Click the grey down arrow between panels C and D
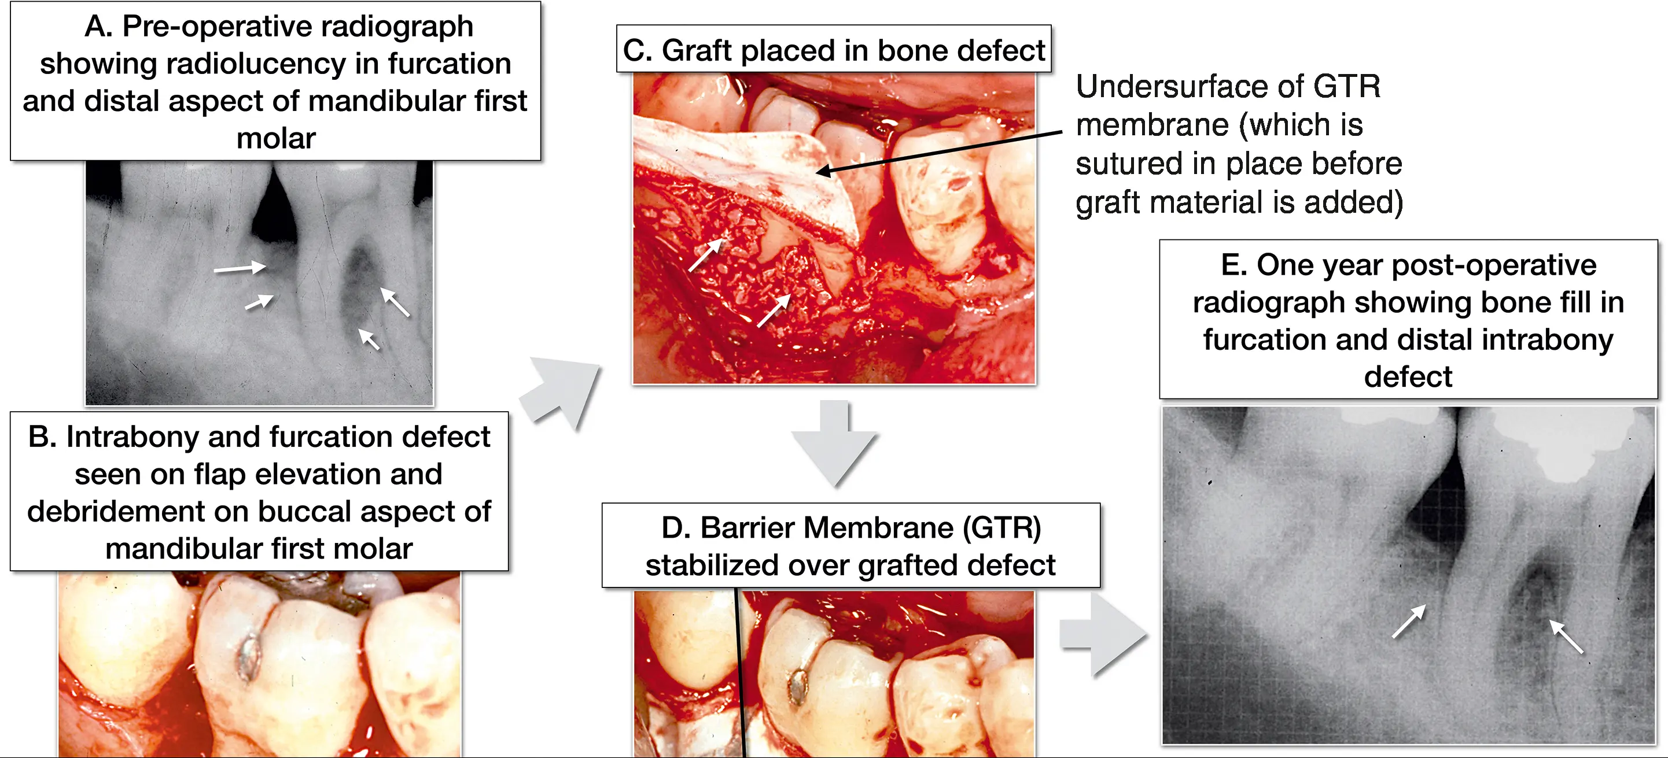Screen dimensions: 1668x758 pos(835,444)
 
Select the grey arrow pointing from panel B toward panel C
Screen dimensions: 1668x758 pos(561,391)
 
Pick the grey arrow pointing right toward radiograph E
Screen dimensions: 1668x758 pos(1103,635)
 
